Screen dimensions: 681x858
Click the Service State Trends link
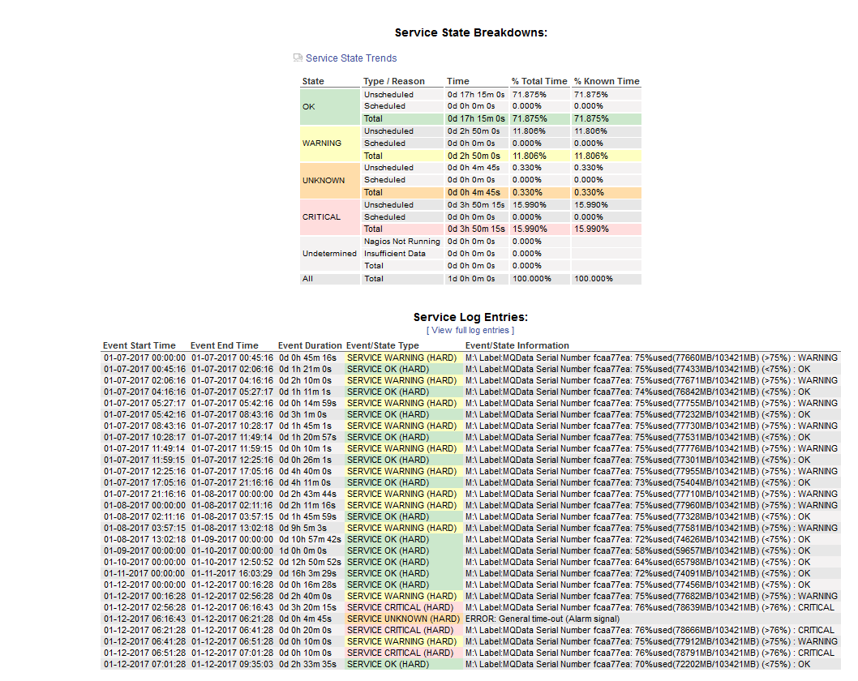[351, 58]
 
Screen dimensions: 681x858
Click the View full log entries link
[470, 330]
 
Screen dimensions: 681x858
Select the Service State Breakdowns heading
[470, 32]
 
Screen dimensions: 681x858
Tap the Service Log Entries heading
[470, 317]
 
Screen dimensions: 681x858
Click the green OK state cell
[329, 106]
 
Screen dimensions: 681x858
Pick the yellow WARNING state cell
[329, 143]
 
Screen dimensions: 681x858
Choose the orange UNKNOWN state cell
[329, 180]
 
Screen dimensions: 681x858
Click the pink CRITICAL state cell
[329, 217]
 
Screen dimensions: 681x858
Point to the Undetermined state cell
[329, 254]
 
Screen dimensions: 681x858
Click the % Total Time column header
[539, 81]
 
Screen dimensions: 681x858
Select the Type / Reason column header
[394, 81]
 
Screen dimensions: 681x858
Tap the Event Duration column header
[311, 345]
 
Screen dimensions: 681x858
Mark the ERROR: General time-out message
[543, 619]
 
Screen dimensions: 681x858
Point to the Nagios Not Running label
[401, 242]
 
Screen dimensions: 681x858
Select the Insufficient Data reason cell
[395, 254]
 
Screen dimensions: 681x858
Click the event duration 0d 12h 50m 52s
[310, 562]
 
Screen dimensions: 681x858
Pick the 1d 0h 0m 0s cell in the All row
[471, 279]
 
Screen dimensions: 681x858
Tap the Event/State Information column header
[517, 345]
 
